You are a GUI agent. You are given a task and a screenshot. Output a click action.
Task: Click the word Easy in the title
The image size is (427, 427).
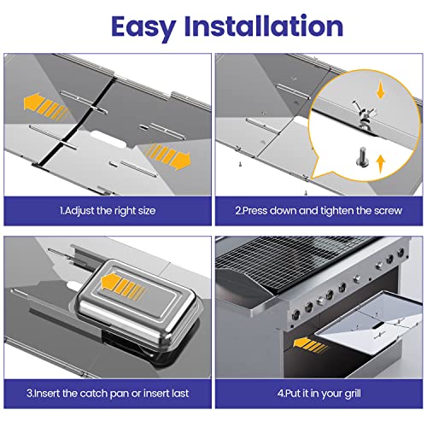pyautogui.click(x=143, y=27)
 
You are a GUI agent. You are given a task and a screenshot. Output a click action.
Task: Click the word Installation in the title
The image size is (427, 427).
pyautogui.click(x=264, y=26)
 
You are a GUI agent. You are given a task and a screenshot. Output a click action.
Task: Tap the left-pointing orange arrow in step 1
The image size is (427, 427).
pyautogui.click(x=45, y=107)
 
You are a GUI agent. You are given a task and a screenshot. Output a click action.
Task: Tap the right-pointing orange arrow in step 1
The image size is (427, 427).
pyautogui.click(x=168, y=155)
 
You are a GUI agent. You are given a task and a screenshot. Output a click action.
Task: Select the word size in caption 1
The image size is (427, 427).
pyautogui.click(x=147, y=211)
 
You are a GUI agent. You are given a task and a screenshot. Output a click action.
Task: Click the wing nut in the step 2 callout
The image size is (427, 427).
pyautogui.click(x=364, y=113)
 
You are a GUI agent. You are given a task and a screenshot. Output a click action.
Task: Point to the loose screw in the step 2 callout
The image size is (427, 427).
pyautogui.click(x=362, y=156)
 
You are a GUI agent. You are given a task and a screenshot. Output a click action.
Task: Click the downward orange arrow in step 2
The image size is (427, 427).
pyautogui.click(x=380, y=91)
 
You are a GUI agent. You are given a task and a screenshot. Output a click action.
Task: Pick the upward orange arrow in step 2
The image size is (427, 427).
pyautogui.click(x=381, y=164)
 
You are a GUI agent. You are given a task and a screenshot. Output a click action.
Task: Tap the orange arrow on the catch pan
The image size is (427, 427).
pyautogui.click(x=123, y=287)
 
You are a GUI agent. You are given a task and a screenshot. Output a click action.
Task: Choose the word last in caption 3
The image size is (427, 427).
pyautogui.click(x=178, y=394)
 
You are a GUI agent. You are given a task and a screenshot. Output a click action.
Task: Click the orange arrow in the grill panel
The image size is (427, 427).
pyautogui.click(x=310, y=345)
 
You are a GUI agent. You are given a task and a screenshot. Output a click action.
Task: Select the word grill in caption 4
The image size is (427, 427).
pyautogui.click(x=353, y=395)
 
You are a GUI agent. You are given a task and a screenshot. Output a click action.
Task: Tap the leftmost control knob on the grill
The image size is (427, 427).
pyautogui.click(x=295, y=315)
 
